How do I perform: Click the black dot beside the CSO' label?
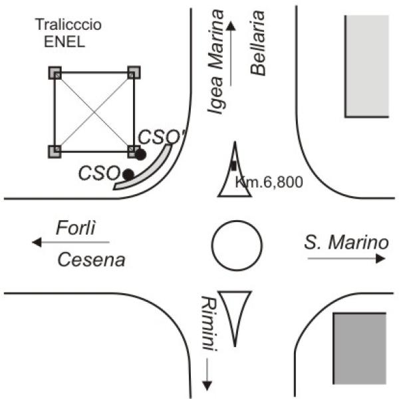[140, 154]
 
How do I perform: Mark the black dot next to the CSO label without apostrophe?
[128, 174]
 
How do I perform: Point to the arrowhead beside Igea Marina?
[231, 25]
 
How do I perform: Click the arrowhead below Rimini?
[207, 384]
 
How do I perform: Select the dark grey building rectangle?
[359, 348]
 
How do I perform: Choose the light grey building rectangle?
[366, 65]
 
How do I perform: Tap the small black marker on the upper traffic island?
[233, 166]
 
